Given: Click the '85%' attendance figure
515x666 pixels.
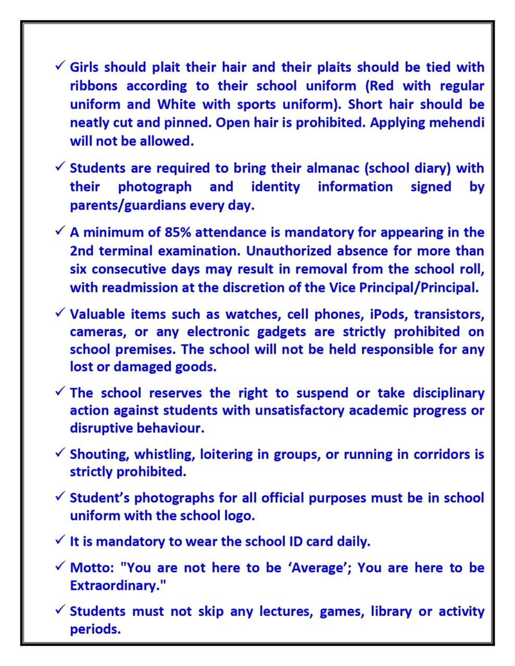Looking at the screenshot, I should (178, 232).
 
